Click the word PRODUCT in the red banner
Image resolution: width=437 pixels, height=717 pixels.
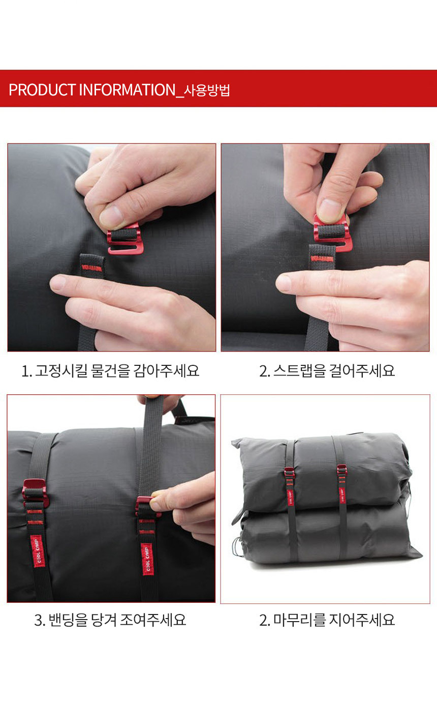[x=42, y=90]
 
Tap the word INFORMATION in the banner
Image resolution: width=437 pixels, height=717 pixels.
[x=127, y=90]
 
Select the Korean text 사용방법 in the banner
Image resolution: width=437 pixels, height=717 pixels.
[x=207, y=90]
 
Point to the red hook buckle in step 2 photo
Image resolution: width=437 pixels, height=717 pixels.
[x=332, y=233]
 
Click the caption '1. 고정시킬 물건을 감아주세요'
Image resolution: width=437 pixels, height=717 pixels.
[x=110, y=370]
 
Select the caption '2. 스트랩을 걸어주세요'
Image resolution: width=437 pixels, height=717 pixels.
[x=327, y=370]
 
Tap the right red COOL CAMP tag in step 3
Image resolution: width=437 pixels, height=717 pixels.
[x=147, y=558]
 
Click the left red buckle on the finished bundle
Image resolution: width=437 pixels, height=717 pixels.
[x=290, y=472]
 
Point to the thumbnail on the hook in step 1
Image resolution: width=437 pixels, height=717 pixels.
[x=111, y=216]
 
